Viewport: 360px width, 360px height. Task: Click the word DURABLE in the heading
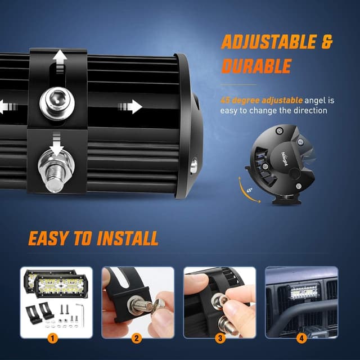click(x=256, y=66)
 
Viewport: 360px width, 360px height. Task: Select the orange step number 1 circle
click(x=52, y=339)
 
